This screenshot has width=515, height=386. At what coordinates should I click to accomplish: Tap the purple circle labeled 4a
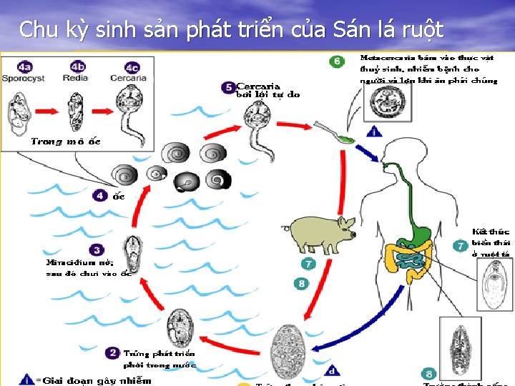pos(25,66)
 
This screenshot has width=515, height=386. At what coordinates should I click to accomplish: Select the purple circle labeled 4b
pos(77,66)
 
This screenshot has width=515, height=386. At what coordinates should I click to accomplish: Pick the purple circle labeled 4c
pos(131,66)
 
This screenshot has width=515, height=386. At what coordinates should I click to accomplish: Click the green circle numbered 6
pos(337,61)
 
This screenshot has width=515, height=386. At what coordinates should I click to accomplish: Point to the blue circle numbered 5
pos(228,87)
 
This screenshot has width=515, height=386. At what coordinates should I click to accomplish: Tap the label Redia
pos(75,77)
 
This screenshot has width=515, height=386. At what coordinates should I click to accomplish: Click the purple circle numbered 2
pos(112,352)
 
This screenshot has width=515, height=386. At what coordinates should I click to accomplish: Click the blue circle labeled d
pos(331,370)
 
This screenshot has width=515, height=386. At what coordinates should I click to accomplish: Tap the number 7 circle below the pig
pos(308,264)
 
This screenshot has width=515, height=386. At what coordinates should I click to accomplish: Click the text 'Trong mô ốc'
pos(66,142)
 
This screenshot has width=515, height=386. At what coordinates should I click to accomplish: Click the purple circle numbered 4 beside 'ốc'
pos(100,195)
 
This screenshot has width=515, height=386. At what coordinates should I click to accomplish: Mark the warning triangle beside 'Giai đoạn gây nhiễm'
pos(26,379)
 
